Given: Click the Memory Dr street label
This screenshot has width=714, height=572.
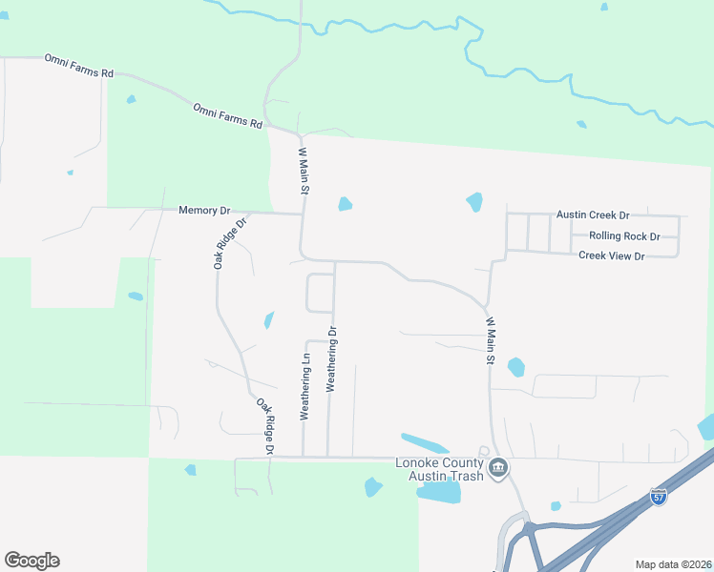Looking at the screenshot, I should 204,210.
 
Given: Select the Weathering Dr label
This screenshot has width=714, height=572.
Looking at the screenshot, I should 333,359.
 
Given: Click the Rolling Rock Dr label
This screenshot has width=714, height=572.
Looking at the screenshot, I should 624,235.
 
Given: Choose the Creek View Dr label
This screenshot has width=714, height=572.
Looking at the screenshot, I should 612,255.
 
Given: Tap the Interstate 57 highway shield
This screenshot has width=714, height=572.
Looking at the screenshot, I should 659,497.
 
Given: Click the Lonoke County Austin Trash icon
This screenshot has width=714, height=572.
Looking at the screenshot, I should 497,468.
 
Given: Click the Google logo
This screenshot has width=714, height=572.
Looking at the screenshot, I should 31,561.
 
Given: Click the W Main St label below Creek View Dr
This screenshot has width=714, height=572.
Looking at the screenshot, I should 490,341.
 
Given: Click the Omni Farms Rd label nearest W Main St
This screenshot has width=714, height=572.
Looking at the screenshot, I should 227,115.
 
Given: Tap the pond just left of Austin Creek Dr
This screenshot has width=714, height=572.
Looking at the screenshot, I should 474,202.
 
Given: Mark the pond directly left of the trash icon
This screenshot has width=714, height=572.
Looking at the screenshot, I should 439,492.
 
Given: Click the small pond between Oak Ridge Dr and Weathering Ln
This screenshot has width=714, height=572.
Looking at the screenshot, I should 269,320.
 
